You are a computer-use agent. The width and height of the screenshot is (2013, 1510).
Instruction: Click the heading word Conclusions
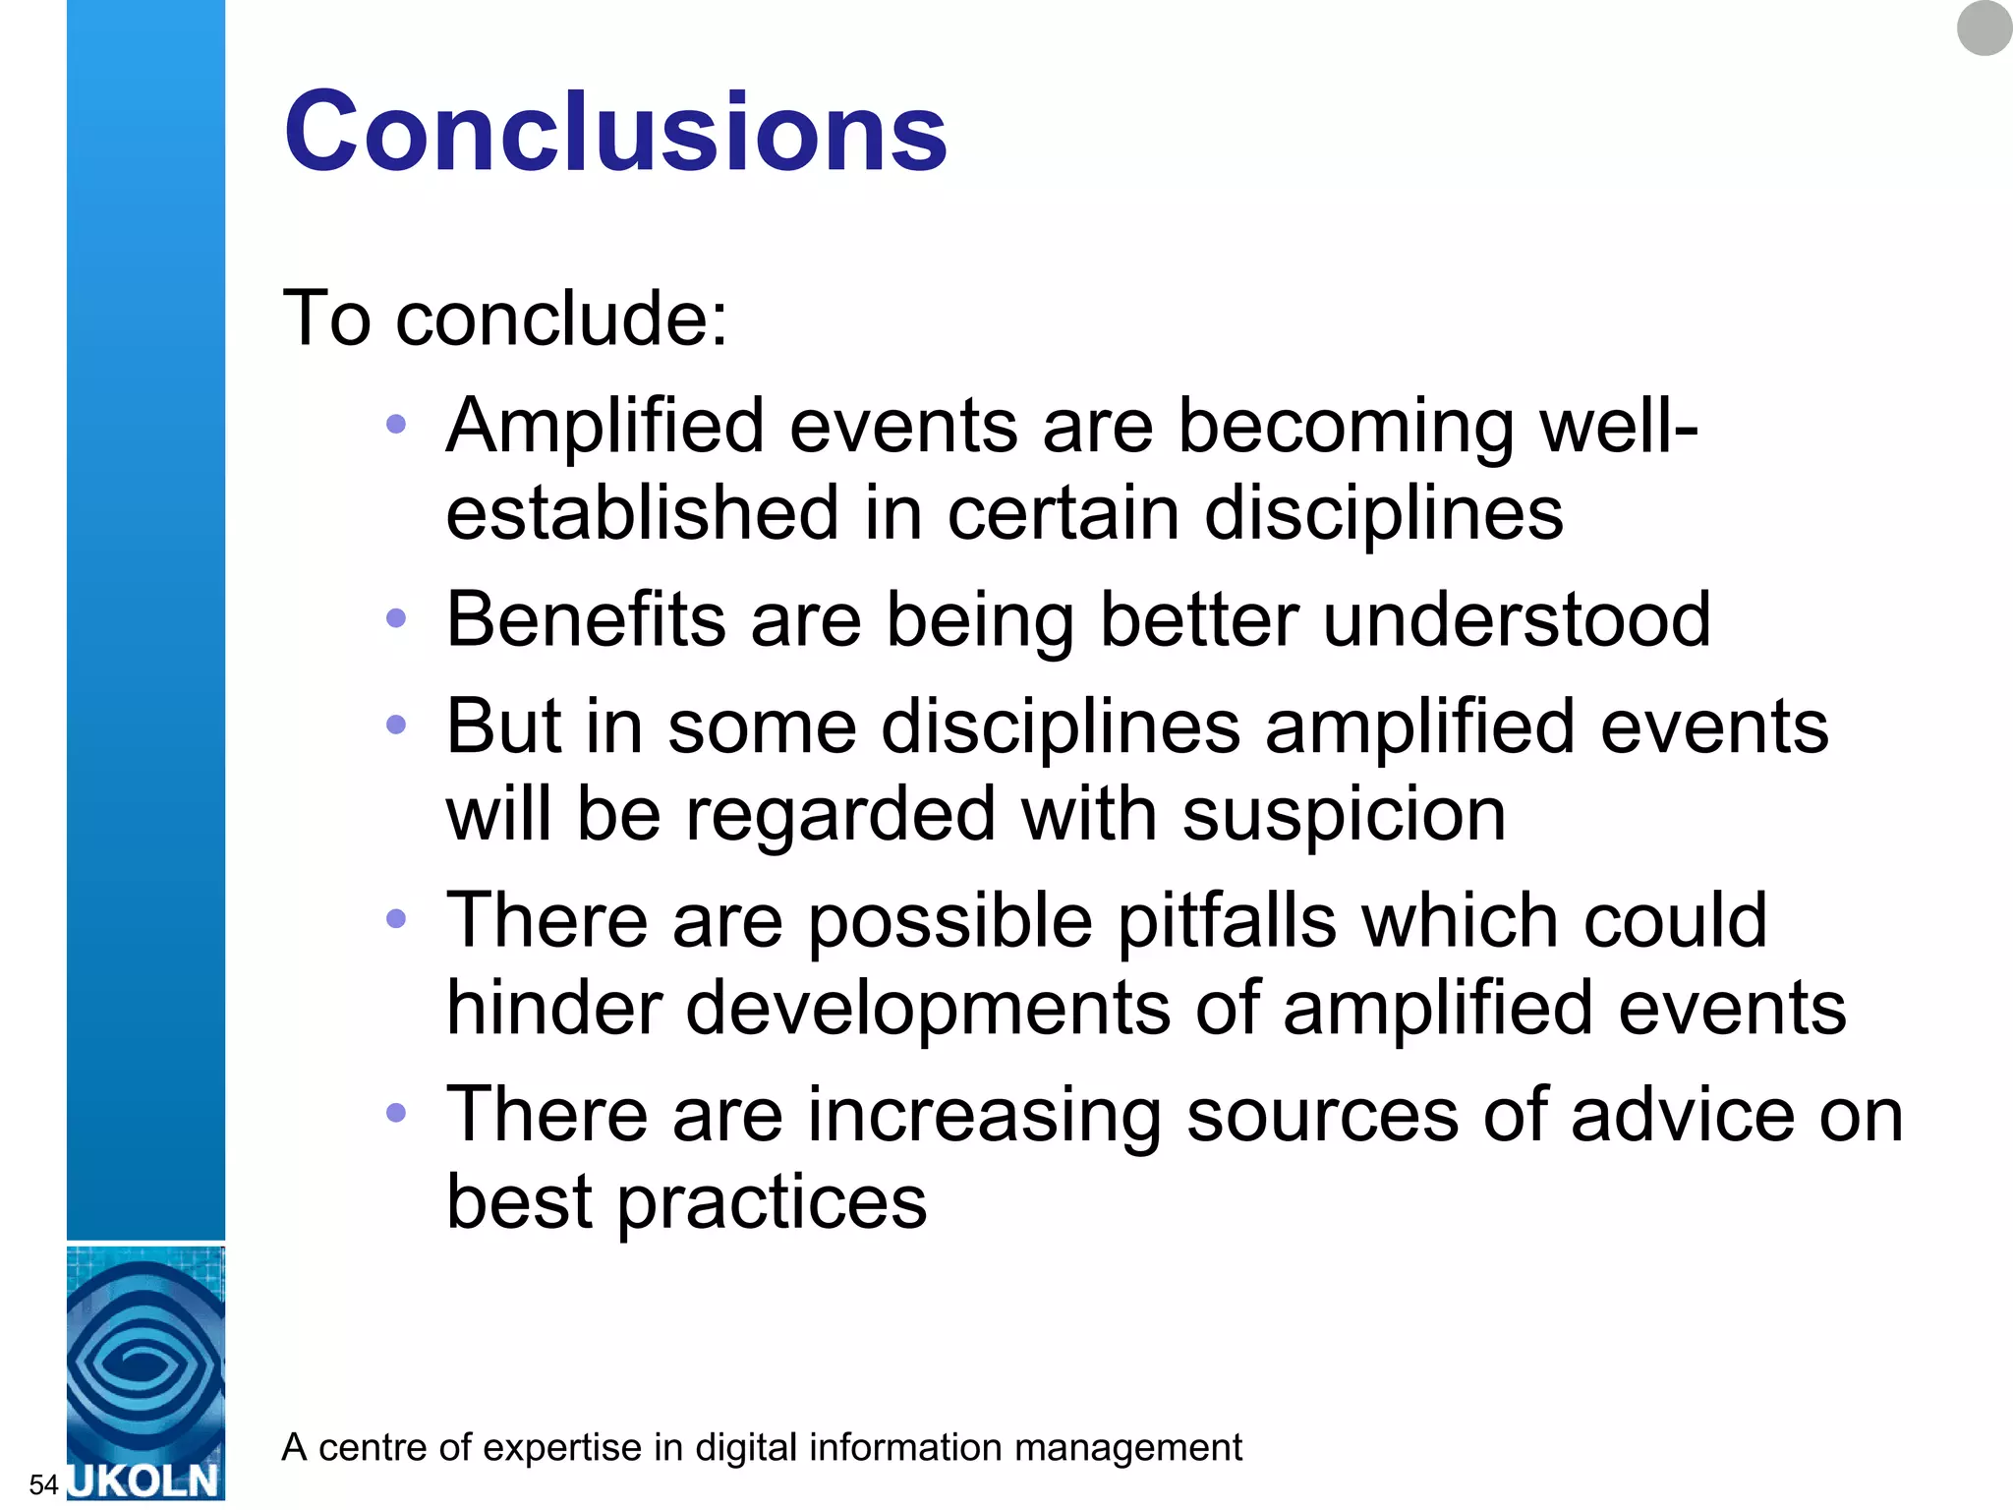tap(615, 132)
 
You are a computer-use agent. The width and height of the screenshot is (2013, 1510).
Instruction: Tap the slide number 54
tap(43, 1483)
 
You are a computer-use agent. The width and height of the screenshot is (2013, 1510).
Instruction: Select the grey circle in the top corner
tap(1984, 28)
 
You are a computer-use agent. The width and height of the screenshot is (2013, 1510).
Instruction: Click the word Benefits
tap(586, 619)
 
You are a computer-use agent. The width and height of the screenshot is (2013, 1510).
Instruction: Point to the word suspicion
tap(1344, 814)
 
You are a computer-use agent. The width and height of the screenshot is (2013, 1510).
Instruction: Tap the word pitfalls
tap(1228, 921)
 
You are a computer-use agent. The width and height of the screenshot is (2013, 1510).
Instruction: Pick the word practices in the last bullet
tap(772, 1202)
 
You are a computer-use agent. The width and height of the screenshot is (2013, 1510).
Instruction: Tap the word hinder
tap(554, 1008)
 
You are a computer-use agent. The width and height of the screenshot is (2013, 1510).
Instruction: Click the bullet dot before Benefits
tap(396, 618)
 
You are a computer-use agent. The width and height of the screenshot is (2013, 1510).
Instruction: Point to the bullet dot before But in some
tap(396, 726)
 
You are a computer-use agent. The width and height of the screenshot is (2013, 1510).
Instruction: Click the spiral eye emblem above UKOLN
tap(145, 1362)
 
